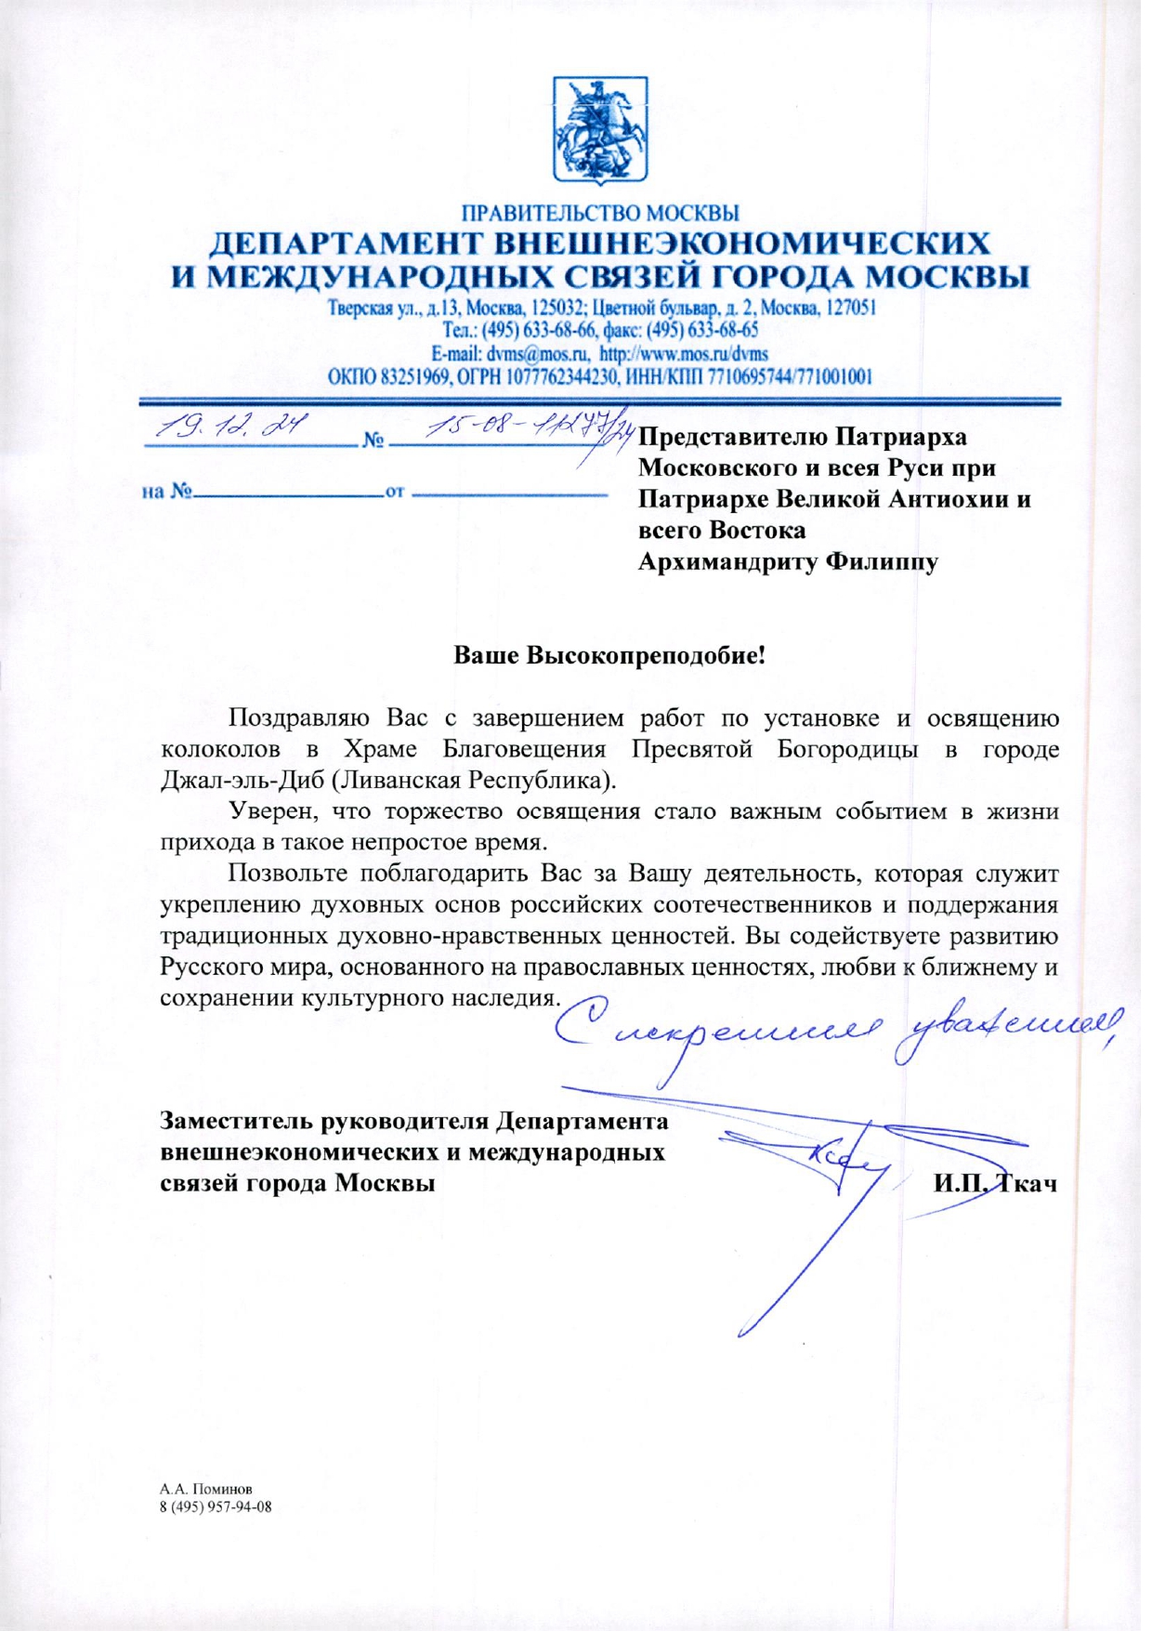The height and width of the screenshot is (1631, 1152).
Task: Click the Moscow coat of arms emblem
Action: [600, 128]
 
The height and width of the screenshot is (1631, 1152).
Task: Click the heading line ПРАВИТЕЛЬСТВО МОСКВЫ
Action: [600, 213]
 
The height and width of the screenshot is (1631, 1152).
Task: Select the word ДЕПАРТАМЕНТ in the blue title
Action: [343, 244]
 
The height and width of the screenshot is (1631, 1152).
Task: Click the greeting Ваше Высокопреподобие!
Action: [609, 655]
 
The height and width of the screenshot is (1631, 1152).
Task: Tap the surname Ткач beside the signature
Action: [1028, 1183]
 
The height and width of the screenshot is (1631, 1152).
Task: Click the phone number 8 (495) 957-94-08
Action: [216, 1506]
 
